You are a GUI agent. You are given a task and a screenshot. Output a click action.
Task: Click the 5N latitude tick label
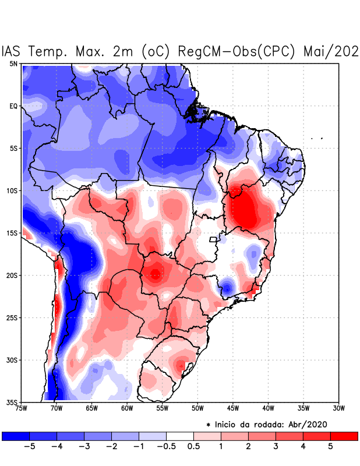click(x=13, y=63)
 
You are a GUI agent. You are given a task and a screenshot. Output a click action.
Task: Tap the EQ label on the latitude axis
click(x=13, y=106)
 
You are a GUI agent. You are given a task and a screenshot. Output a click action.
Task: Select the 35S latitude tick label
click(x=12, y=403)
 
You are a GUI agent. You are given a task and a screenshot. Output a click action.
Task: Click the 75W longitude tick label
click(x=21, y=408)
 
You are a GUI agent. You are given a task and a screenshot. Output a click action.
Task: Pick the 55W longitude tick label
click(x=162, y=408)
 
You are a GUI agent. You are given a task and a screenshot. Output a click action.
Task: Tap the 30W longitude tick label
click(x=339, y=408)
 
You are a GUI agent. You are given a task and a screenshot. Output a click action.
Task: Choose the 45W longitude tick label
click(x=232, y=408)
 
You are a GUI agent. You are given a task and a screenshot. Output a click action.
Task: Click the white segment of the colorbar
click(x=180, y=436)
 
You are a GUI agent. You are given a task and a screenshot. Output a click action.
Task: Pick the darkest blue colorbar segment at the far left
click(x=15, y=436)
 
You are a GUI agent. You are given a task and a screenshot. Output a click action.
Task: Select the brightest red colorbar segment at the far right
click(x=344, y=436)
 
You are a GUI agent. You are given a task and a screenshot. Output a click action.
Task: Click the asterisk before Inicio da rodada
click(x=208, y=425)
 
